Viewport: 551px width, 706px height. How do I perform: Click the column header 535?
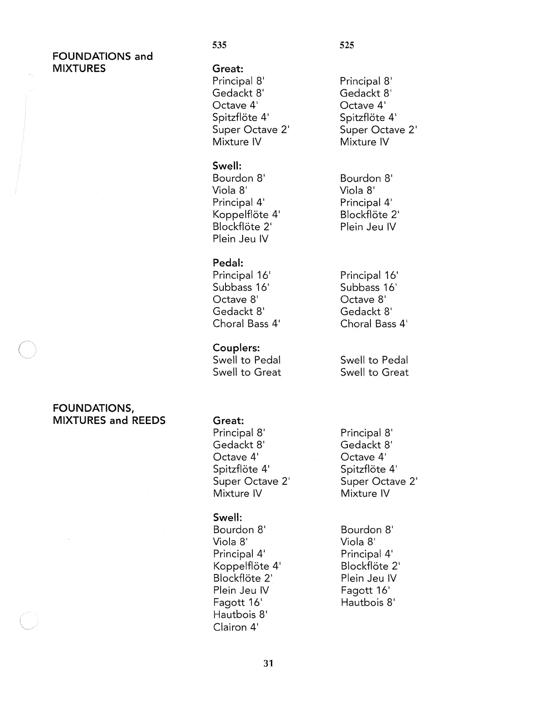click(x=219, y=45)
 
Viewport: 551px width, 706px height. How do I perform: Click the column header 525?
click(x=347, y=45)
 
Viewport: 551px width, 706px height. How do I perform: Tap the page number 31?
click(x=268, y=663)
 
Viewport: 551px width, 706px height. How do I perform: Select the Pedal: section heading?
click(x=228, y=263)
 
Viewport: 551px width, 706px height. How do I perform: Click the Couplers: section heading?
click(x=236, y=348)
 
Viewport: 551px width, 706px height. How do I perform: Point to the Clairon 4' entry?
click(x=236, y=627)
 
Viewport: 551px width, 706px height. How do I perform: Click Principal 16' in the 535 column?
click(x=241, y=275)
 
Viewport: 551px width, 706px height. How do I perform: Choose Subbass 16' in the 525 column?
click(x=368, y=288)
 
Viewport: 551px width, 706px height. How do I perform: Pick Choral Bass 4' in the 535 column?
click(x=246, y=324)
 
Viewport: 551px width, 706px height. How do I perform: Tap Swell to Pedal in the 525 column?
click(x=374, y=360)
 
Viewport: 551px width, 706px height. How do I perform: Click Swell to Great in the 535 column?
click(x=247, y=373)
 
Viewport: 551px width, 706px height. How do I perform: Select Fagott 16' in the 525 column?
click(x=365, y=590)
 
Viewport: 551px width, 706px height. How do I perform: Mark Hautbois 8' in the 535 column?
click(x=240, y=615)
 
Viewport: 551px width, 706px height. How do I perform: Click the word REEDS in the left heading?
click(x=148, y=421)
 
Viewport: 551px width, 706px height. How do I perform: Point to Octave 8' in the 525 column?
click(x=363, y=300)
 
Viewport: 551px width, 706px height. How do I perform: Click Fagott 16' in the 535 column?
click(x=237, y=603)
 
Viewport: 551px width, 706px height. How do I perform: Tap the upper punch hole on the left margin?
click(x=27, y=351)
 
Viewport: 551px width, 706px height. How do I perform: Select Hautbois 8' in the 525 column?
click(x=368, y=603)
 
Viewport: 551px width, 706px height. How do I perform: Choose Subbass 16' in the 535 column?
click(x=240, y=288)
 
